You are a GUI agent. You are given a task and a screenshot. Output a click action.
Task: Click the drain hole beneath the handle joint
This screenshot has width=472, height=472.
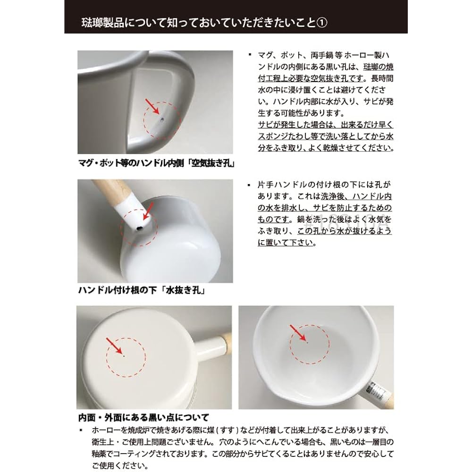(x=140, y=228)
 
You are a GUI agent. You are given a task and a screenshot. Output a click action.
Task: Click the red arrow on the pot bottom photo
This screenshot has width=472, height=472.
(x=115, y=346)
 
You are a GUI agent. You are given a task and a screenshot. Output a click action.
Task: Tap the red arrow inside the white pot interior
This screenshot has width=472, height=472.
(x=297, y=332)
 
